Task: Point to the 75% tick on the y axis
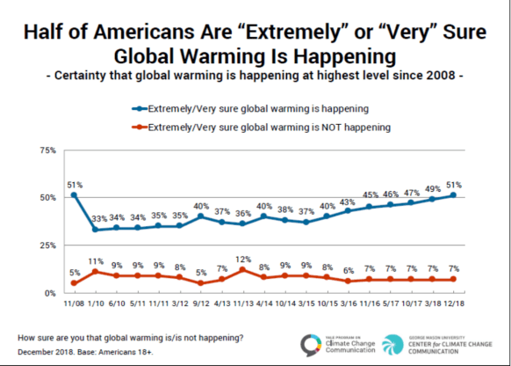[x=47, y=151]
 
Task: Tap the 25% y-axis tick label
[x=47, y=245]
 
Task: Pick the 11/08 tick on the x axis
[x=74, y=304]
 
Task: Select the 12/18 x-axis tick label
[x=454, y=304]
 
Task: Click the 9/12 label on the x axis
[x=201, y=304]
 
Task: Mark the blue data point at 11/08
[x=74, y=195]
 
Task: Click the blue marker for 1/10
[x=95, y=230]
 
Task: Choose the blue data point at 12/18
[x=454, y=195]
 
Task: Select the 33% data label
[x=97, y=219]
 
